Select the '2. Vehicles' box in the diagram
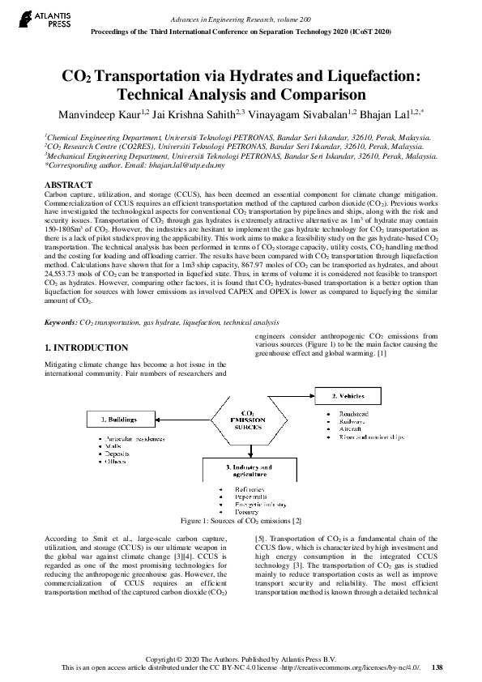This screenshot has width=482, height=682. (x=353, y=396)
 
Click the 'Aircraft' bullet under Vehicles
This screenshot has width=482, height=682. (x=339, y=429)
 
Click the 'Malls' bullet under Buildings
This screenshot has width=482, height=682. (x=113, y=445)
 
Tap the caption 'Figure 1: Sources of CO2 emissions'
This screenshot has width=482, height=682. (x=241, y=521)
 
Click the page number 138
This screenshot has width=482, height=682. (x=437, y=667)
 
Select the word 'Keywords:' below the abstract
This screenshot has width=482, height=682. (x=61, y=322)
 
